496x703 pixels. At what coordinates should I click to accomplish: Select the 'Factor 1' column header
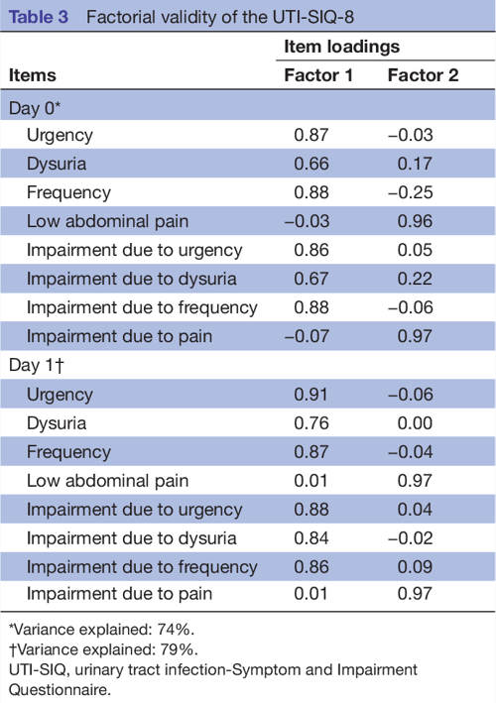pyautogui.click(x=318, y=75)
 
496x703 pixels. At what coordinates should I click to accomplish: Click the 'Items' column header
pyautogui.click(x=33, y=75)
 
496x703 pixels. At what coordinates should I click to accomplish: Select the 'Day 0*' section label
pyautogui.click(x=35, y=105)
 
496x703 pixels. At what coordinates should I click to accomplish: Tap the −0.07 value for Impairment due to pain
pyautogui.click(x=308, y=336)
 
